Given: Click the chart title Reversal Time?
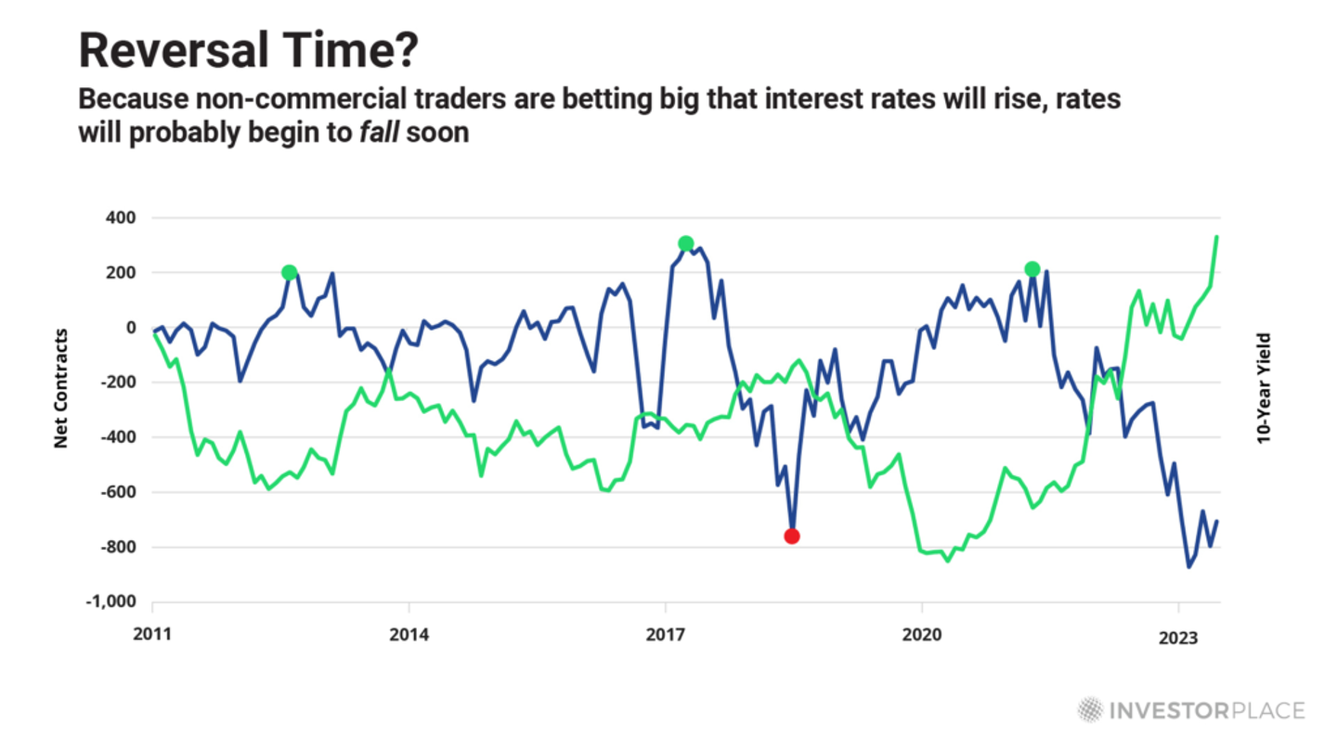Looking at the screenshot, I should point(248,51).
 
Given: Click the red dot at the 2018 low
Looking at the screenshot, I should point(791,536).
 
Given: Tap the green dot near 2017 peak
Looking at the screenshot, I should point(685,243).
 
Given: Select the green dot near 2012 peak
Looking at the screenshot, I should point(289,272).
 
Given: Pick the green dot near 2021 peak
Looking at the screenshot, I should point(1032,269).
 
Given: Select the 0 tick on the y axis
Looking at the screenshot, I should point(132,328).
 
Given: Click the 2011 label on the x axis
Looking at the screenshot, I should point(152,637).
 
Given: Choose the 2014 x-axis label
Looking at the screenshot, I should point(409,637).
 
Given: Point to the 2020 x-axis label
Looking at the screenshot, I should point(922,637).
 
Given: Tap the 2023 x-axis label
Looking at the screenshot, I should point(1178,637).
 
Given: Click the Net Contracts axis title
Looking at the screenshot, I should point(61,388).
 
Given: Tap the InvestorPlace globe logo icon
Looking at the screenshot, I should point(1090,710).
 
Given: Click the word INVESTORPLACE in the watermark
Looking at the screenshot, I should point(1207,711).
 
